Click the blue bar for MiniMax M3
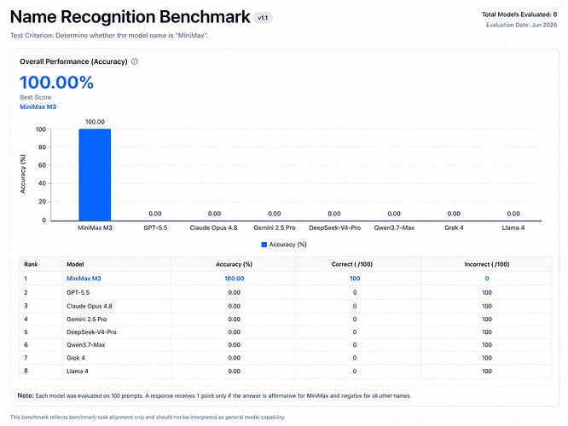tap(95, 175)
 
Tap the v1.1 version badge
tap(263, 18)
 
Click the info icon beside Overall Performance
tap(135, 61)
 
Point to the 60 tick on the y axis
tap(42, 165)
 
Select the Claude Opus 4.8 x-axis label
tap(213, 227)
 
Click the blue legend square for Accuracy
tap(264, 245)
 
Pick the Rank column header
tap(31, 264)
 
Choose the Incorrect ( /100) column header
tap(487, 264)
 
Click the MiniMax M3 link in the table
tap(84, 279)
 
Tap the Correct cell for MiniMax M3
tap(355, 279)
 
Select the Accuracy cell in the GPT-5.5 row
tap(234, 292)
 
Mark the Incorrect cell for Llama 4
tap(487, 371)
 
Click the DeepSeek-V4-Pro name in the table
tap(91, 332)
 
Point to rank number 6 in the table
tap(26, 344)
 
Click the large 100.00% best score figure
tap(56, 82)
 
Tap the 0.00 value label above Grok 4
tap(454, 214)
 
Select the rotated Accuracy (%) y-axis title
tap(23, 174)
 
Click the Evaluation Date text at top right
tap(521, 25)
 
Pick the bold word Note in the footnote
tap(26, 395)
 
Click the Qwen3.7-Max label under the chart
tap(394, 227)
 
